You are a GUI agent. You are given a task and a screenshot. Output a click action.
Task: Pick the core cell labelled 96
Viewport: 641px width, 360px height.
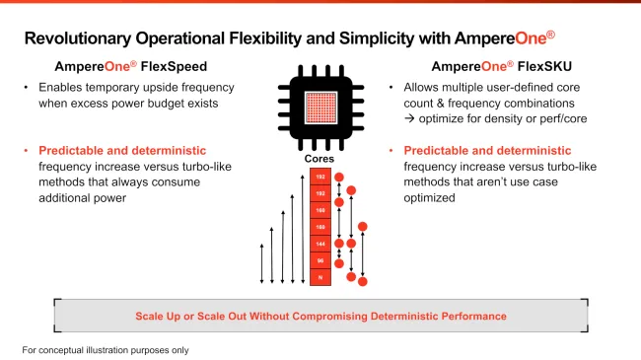tap(320, 259)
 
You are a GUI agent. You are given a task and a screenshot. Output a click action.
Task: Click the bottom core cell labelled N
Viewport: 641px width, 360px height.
tap(320, 278)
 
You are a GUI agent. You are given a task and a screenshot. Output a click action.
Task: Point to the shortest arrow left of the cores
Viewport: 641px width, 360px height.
tap(261, 264)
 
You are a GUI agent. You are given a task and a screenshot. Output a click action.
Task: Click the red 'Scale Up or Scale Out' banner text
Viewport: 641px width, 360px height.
tap(320, 316)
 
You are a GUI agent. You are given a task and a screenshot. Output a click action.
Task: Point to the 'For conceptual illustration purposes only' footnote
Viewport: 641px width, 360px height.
tap(105, 350)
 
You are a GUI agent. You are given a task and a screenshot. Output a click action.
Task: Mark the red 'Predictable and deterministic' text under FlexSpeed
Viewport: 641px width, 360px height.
tap(122, 151)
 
